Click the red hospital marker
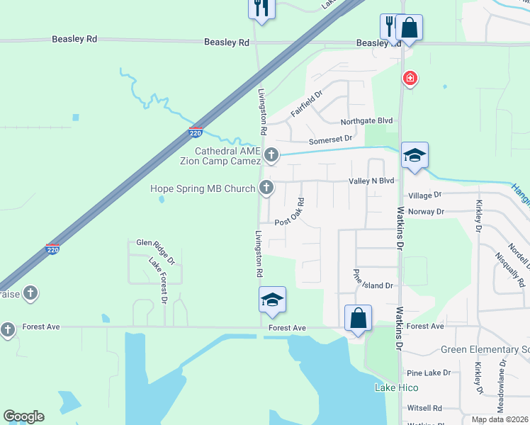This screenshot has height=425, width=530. point(410,78)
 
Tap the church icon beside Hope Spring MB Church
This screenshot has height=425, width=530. point(266,188)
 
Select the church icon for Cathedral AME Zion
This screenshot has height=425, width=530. point(270,154)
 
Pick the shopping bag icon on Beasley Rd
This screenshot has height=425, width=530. point(410,28)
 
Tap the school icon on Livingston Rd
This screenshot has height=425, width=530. point(272,300)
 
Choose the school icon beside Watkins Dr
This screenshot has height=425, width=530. point(415,156)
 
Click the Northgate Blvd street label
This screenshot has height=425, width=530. point(366,122)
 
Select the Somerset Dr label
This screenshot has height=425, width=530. point(330,139)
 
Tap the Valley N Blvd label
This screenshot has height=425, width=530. point(371,181)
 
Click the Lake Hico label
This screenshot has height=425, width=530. point(396,387)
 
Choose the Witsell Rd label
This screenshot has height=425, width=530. point(424,408)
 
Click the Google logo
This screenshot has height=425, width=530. point(24,416)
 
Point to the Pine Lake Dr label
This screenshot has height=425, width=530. point(429,373)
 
